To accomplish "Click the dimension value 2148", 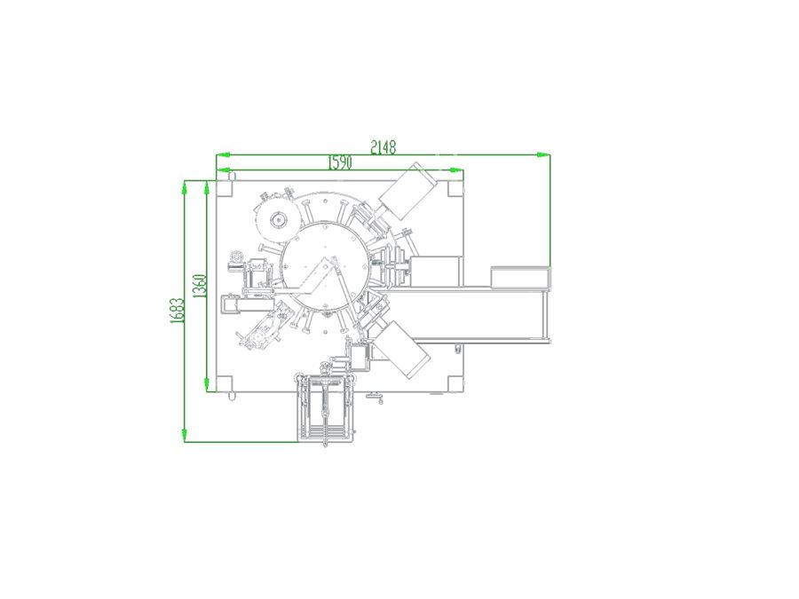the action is [x=384, y=147].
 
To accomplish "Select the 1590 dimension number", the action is [x=340, y=162].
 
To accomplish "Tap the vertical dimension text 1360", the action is [x=200, y=287].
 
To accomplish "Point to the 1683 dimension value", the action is [x=177, y=311].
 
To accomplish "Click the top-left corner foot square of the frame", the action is [x=225, y=188].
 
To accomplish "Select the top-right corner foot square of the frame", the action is [x=455, y=188].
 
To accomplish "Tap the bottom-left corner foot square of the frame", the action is [x=225, y=383].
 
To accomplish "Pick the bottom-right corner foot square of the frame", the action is [x=455, y=383].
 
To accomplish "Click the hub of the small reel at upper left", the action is [x=278, y=220].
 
